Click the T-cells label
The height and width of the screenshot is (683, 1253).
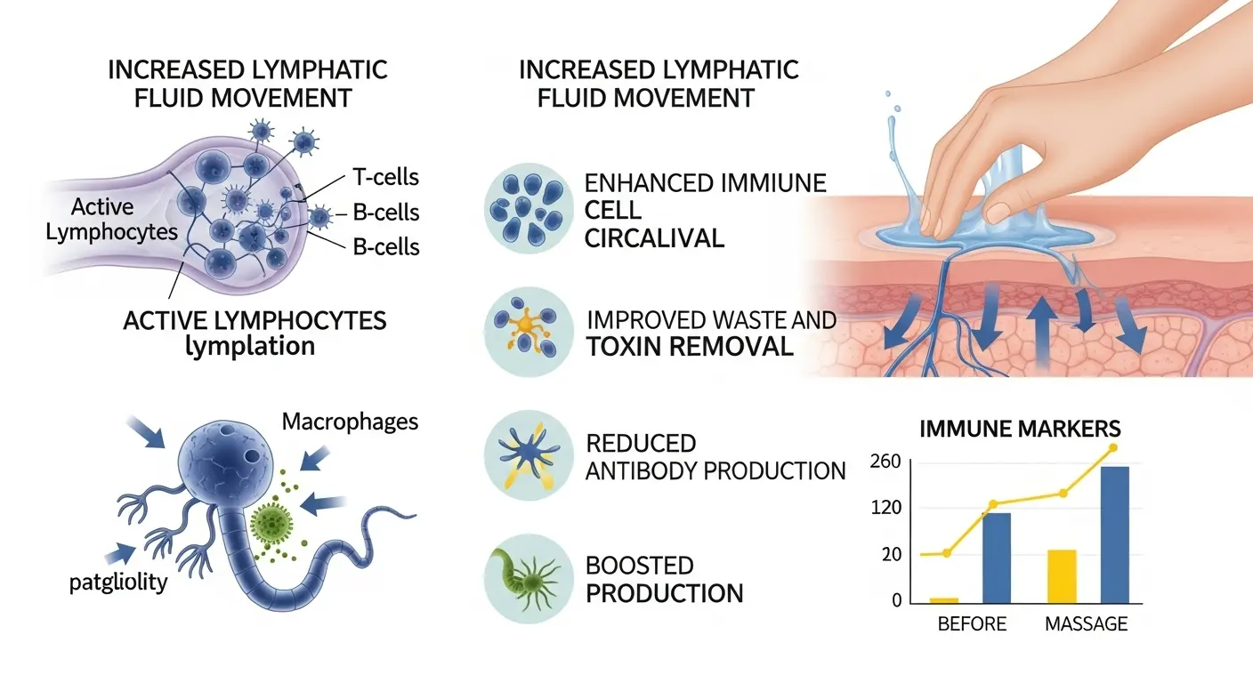(385, 177)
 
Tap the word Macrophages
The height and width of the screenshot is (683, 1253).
(350, 421)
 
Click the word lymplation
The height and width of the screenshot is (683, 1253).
(250, 345)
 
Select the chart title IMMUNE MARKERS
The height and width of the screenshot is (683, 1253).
(1019, 429)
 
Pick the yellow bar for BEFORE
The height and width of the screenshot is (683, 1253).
(944, 600)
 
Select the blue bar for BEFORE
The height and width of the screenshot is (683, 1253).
(997, 558)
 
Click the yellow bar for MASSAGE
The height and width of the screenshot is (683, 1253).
(1062, 576)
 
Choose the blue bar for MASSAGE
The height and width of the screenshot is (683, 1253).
(1115, 534)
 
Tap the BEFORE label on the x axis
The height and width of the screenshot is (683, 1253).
(972, 623)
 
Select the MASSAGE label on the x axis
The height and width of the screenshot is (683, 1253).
(1086, 623)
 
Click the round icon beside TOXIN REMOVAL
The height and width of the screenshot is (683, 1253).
(529, 332)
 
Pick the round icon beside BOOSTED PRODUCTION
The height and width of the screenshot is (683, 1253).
(529, 578)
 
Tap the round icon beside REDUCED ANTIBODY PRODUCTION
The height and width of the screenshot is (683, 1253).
(529, 454)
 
